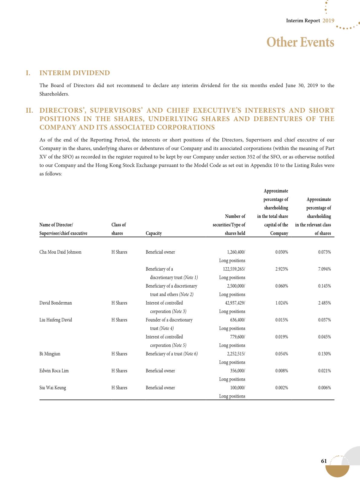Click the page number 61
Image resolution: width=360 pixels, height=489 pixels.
[x=324, y=461]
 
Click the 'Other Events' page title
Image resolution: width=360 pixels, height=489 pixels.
[x=300, y=42]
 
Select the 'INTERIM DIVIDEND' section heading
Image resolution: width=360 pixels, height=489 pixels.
[x=75, y=73]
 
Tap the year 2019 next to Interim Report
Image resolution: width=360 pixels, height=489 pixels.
[x=328, y=21]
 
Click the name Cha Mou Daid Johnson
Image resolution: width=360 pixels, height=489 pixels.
[x=60, y=252]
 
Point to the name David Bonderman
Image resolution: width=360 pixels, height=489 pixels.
[x=56, y=303]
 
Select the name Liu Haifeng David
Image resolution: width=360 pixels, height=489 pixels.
[x=56, y=320]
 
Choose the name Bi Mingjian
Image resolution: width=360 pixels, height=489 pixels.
[x=50, y=354]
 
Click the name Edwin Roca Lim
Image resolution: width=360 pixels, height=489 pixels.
[x=54, y=371]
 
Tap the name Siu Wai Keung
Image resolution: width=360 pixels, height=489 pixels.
[x=53, y=388]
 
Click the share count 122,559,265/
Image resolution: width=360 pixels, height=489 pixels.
[x=232, y=269]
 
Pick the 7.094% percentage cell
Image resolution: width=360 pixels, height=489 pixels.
[x=324, y=269]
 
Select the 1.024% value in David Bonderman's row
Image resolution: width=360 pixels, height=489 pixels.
[x=282, y=303]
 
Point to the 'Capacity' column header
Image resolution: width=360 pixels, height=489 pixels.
[x=154, y=233]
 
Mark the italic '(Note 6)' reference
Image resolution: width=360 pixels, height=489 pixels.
[x=191, y=354]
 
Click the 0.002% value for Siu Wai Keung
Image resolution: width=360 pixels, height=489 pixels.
[x=282, y=388]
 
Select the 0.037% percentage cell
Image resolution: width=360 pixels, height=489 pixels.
[x=324, y=320]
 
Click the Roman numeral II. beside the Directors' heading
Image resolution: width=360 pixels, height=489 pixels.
[x=29, y=111]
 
